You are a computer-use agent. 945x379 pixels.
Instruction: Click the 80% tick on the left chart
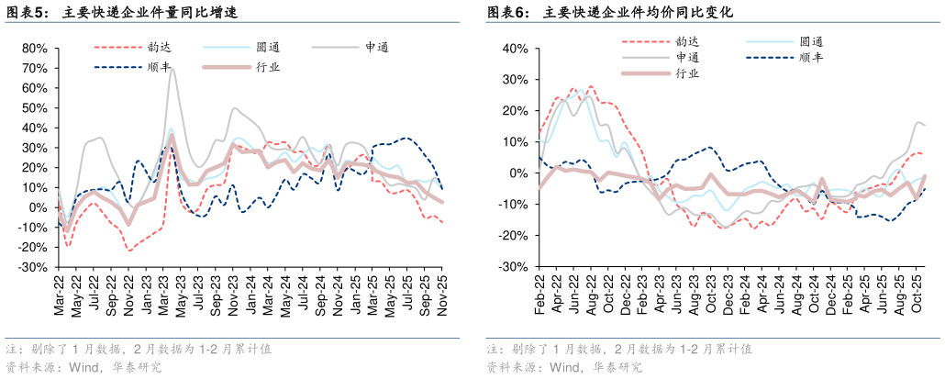click(x=34, y=48)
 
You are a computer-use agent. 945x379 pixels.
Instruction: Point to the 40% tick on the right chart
click(x=515, y=48)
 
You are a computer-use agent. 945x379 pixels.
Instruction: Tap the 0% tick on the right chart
click(x=518, y=173)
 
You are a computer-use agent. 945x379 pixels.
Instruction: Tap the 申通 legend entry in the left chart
click(x=377, y=47)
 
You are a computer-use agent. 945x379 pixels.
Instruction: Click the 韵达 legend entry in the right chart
click(x=687, y=40)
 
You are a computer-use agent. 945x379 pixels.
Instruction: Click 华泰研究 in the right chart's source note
click(x=617, y=367)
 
